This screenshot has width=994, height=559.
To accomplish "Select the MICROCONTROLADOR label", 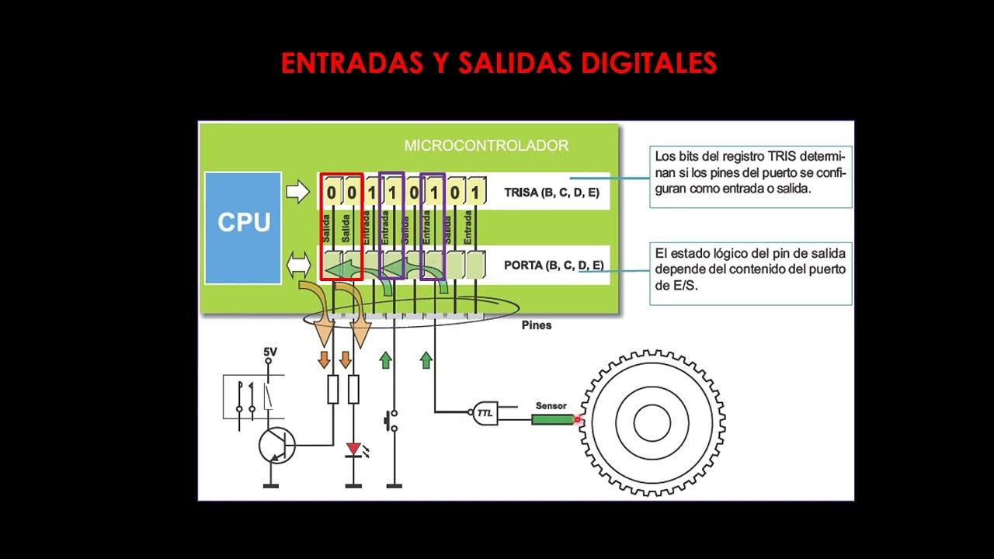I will click(486, 145).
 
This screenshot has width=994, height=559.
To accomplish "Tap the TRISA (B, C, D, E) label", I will click(551, 193).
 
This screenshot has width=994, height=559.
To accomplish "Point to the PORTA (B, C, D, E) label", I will click(554, 266).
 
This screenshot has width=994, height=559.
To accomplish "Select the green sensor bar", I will click(552, 419).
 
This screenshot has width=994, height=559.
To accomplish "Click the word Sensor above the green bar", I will click(551, 405).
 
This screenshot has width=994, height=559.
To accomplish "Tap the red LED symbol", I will click(353, 449).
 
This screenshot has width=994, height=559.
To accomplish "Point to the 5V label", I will click(269, 352).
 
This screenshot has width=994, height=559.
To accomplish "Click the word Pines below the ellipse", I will click(536, 325).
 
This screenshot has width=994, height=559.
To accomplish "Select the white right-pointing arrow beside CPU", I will click(297, 192).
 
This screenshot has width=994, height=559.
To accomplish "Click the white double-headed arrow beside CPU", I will click(298, 266).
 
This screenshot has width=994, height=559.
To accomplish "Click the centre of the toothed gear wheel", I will click(652, 422).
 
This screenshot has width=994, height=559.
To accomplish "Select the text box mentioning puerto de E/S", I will click(750, 273).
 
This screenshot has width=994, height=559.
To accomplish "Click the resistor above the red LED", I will click(353, 389).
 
